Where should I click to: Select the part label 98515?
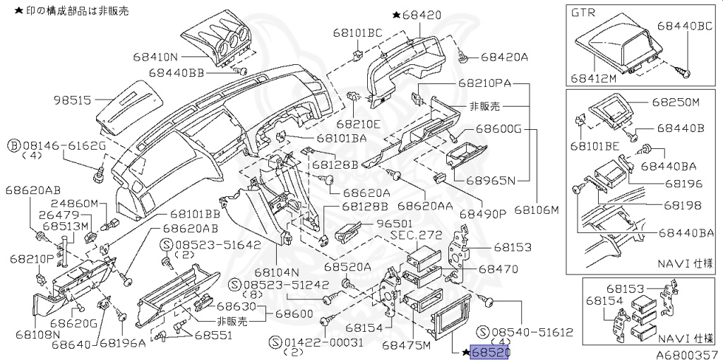point(72,100)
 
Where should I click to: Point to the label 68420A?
point(504,56)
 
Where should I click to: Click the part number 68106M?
point(537,210)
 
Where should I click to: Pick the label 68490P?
point(484,213)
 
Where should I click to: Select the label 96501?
point(393,222)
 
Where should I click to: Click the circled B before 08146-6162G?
point(13,145)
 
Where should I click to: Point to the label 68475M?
point(406,345)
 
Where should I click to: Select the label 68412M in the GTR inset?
point(594,78)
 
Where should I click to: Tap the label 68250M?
point(675,102)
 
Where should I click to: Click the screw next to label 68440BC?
point(685,71)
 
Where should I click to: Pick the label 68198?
point(682,205)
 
